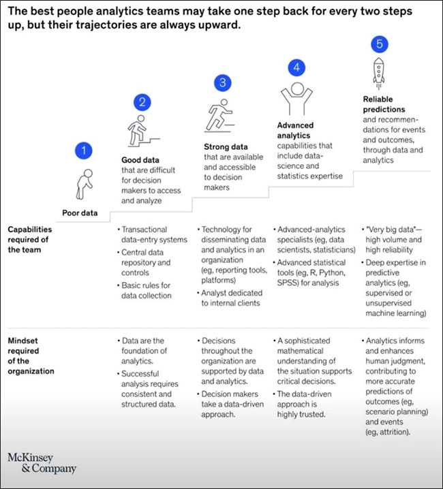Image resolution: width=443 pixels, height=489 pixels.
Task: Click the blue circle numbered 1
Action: click(x=83, y=150)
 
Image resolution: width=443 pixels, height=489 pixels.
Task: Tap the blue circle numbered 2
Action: click(x=142, y=103)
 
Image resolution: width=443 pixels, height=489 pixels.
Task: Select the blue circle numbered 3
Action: click(x=222, y=83)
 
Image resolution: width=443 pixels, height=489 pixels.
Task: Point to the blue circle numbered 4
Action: click(x=296, y=68)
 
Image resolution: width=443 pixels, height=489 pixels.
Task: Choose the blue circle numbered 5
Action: click(x=380, y=44)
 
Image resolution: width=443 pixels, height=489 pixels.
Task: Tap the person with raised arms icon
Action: click(x=296, y=99)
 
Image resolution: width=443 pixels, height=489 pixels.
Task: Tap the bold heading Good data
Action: click(x=131, y=161)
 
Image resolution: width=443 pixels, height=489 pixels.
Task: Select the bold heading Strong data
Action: click(x=225, y=146)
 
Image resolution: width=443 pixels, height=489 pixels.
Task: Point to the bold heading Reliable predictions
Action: click(x=384, y=104)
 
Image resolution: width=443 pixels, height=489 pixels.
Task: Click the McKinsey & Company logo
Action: click(x=42, y=462)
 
